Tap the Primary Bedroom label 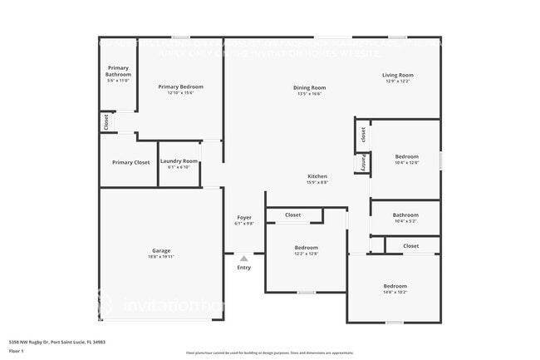point(180,86)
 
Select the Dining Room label point(307,87)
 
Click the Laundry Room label point(179,161)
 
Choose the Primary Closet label point(130,162)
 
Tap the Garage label point(161,250)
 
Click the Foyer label point(243,218)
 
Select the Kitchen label point(317,176)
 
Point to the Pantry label point(363,163)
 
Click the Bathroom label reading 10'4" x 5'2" point(405,214)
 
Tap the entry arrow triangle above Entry point(243,259)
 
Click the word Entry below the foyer point(243,268)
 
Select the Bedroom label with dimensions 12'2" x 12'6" point(306,248)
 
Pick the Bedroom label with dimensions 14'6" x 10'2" point(395,286)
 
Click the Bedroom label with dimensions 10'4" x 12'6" point(406,156)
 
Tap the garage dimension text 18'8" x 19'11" point(161,257)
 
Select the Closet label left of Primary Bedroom point(106,121)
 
